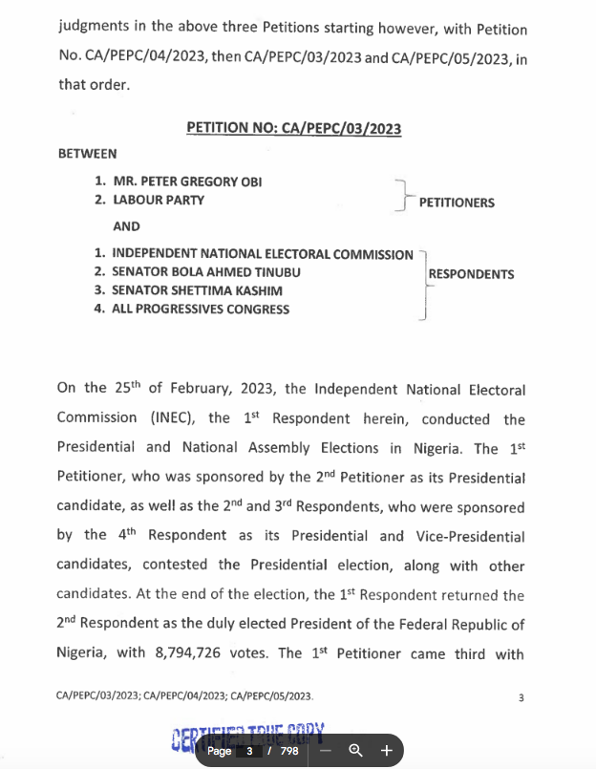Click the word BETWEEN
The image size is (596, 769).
point(87,154)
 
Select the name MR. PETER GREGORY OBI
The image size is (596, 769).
point(186,182)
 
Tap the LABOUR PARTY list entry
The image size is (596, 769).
point(159,201)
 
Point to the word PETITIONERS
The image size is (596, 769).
point(457,203)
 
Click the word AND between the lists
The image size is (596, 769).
point(126,226)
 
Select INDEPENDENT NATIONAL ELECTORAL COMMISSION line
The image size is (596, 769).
point(263,254)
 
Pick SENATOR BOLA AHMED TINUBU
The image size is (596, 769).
point(206,272)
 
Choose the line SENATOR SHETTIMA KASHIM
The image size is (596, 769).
point(197,290)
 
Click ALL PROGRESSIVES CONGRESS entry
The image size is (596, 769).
point(201,309)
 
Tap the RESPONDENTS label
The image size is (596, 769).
point(471,274)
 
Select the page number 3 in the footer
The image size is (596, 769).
point(521,698)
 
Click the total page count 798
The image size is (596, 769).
point(289,751)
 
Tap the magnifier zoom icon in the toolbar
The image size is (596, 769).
point(355,751)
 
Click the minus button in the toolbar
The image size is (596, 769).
point(325,751)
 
